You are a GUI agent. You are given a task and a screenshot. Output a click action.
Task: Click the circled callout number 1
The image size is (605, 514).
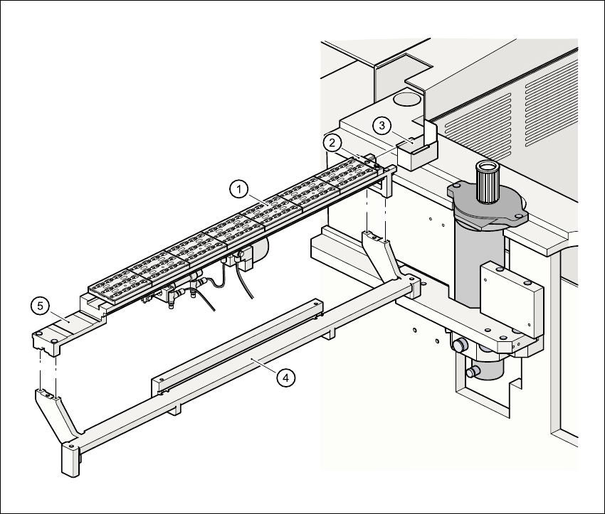240,189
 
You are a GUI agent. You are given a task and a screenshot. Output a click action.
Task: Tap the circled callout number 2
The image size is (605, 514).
332,142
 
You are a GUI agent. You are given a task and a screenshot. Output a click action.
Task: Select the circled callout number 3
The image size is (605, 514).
383,125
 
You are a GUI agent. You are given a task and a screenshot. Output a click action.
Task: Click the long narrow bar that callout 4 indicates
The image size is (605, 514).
238,349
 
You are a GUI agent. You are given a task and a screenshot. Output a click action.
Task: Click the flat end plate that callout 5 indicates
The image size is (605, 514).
68,328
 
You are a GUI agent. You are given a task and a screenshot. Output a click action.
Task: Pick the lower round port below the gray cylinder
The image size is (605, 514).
471,371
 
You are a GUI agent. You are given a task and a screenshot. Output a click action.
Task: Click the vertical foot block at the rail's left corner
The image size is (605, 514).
70,459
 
